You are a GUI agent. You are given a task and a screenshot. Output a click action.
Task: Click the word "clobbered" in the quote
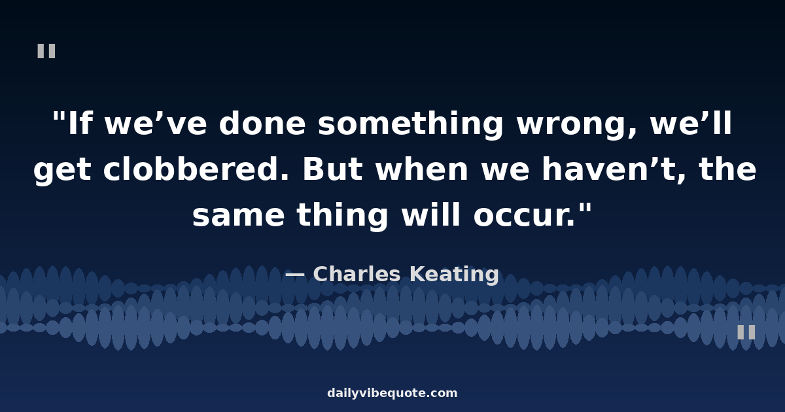click(x=196, y=169)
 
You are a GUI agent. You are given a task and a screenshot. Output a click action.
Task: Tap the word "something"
click(x=410, y=124)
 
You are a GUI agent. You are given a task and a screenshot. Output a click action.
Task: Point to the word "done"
click(x=262, y=124)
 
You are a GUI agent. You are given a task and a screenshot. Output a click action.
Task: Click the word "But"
click(x=332, y=169)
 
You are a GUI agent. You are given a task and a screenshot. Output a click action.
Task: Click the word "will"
click(x=430, y=215)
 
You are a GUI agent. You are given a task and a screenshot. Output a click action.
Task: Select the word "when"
click(x=421, y=169)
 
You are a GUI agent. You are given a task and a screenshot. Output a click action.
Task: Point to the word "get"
click(x=62, y=171)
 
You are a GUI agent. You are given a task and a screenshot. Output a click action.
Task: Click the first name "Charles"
click(x=357, y=274)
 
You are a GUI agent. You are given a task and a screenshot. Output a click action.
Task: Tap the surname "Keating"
click(x=455, y=275)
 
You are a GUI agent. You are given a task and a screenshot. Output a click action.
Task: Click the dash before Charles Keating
click(x=295, y=275)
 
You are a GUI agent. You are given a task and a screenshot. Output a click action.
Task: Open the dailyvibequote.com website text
click(x=392, y=393)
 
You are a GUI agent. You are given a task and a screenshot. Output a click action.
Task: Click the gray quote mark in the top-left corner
click(x=46, y=51)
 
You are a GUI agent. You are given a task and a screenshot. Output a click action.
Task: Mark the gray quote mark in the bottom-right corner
click(x=746, y=332)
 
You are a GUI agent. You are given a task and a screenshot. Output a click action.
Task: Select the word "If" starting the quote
click(x=80, y=123)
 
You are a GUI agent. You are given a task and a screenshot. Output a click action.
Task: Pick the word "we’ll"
click(x=691, y=123)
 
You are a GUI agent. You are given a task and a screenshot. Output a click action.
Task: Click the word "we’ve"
click(x=156, y=124)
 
